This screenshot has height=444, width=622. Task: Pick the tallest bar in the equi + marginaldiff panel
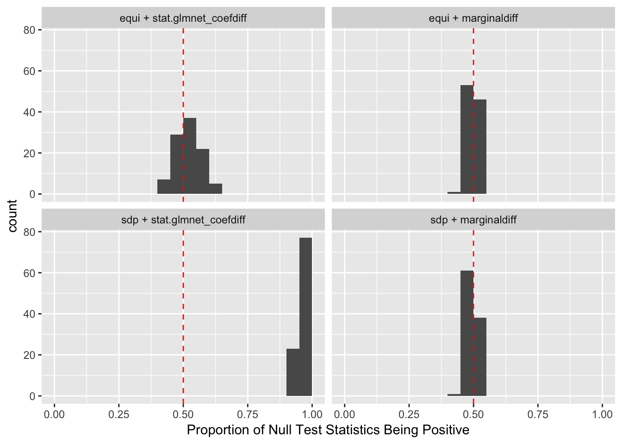click(467, 139)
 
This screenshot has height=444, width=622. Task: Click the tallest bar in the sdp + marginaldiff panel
click(467, 333)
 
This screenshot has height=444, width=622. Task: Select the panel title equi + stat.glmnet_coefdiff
click(183, 18)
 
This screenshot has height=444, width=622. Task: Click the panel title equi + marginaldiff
click(473, 18)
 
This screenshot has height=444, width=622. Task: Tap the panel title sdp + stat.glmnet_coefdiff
click(183, 220)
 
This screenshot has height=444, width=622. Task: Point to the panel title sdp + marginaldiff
click(473, 220)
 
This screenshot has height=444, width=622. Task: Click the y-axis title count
click(12, 216)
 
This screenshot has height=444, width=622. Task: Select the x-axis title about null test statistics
click(328, 430)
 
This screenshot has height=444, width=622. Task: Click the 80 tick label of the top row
click(29, 30)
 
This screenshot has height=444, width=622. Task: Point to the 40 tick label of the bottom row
click(29, 314)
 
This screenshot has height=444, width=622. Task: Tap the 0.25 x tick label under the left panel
click(119, 414)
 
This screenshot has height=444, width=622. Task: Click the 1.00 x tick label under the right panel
click(602, 414)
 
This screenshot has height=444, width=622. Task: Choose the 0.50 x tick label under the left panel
click(183, 414)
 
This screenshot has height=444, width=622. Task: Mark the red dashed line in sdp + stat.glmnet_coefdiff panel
click(183, 301)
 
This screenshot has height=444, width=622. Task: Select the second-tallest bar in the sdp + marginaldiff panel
click(480, 357)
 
